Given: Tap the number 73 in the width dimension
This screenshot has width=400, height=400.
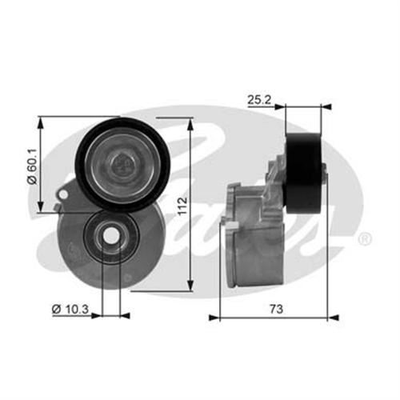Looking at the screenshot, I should click(274, 307).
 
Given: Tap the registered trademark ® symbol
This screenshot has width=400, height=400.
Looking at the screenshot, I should click(363, 239).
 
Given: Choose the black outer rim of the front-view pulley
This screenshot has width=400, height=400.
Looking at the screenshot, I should click(83, 144).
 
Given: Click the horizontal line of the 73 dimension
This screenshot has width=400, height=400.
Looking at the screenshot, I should click(304, 317).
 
